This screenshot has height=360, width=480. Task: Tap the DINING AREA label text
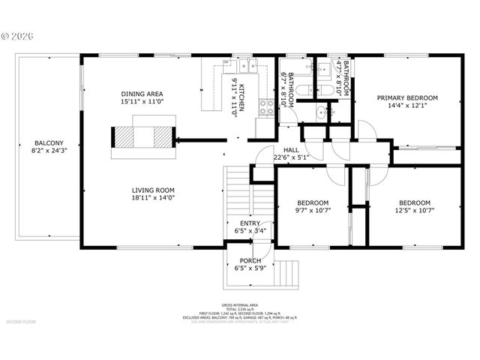[x=142, y=94]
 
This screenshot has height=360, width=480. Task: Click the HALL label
[x=291, y=149]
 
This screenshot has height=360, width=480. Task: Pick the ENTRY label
[x=250, y=223]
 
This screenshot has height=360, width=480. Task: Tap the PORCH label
[x=250, y=260]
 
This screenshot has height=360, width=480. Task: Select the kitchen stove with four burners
[x=265, y=107]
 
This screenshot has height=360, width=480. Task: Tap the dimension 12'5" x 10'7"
[x=414, y=211]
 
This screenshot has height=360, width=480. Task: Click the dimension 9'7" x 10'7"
[x=312, y=211]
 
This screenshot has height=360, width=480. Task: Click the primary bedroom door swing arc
[x=365, y=131]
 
